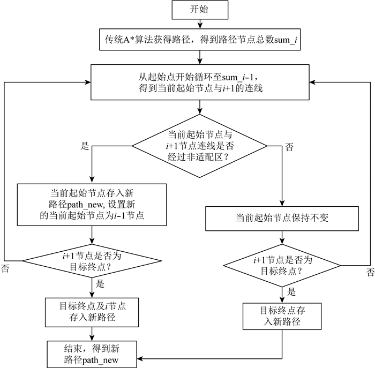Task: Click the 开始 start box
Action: [x=200, y=10]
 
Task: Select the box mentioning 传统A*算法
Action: [x=200, y=40]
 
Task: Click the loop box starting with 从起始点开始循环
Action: [x=200, y=82]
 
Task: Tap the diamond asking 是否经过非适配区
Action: [x=200, y=146]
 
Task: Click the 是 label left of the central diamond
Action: [x=85, y=146]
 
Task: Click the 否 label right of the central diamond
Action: [x=289, y=147]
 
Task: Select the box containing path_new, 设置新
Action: [x=92, y=205]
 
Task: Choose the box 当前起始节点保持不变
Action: [x=282, y=219]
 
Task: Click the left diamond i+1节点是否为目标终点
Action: [x=92, y=261]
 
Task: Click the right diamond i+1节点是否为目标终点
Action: [x=282, y=265]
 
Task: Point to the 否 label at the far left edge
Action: [x=5, y=268]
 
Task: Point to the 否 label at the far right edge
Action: [x=371, y=272]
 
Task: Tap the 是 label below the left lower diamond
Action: [x=100, y=284]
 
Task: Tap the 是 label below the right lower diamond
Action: [x=291, y=292]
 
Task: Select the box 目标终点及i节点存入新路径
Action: [x=92, y=312]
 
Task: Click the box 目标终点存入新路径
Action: [x=282, y=317]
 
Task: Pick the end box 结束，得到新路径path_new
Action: [x=92, y=355]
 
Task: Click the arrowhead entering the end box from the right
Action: [x=140, y=359]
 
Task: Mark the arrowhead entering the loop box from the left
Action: [x=88, y=82]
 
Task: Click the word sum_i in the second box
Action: [x=286, y=40]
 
